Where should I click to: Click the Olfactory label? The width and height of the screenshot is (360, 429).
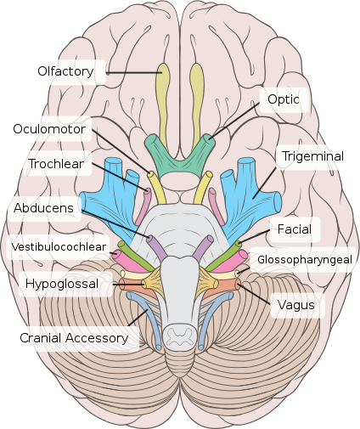pyautogui.click(x=65, y=71)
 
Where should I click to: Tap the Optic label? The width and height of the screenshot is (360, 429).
pyautogui.click(x=284, y=99)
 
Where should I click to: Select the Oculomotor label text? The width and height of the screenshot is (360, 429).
pyautogui.click(x=49, y=129)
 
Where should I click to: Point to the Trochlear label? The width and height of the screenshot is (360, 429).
pyautogui.click(x=56, y=164)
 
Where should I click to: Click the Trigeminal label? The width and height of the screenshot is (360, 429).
pyautogui.click(x=312, y=156)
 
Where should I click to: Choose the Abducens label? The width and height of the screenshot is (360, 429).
pyautogui.click(x=43, y=208)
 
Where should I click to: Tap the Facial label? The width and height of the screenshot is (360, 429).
pyautogui.click(x=295, y=229)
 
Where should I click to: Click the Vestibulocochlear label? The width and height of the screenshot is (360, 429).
pyautogui.click(x=59, y=247)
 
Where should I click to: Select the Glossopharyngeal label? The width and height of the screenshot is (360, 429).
pyautogui.click(x=305, y=260)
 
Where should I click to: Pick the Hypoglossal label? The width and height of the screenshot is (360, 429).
pyautogui.click(x=62, y=284)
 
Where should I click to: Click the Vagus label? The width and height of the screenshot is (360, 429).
pyautogui.click(x=296, y=305)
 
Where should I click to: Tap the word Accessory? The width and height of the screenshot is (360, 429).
pyautogui.click(x=97, y=338)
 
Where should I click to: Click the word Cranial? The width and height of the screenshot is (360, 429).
pyautogui.click(x=41, y=338)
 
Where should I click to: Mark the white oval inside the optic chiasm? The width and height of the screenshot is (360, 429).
pyautogui.click(x=180, y=181)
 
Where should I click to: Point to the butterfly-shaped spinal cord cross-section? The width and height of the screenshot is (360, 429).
pyautogui.click(x=180, y=336)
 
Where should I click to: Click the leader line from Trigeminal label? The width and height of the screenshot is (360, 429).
pyautogui.click(x=264, y=183)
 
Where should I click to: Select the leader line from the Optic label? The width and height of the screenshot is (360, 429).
pyautogui.click(x=233, y=121)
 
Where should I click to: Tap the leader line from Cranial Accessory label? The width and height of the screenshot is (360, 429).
pyautogui.click(x=138, y=317)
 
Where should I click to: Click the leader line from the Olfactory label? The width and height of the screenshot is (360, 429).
pyautogui.click(x=134, y=73)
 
